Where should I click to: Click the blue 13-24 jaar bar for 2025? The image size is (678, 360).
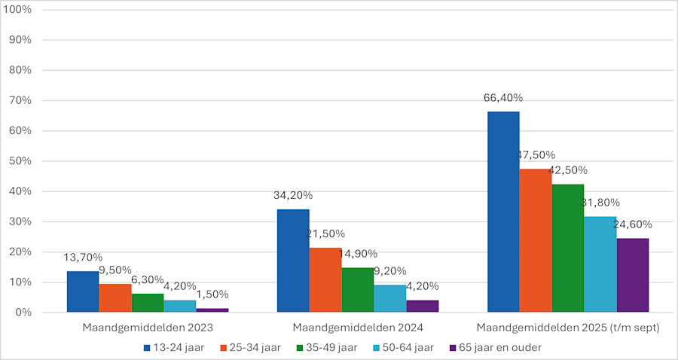tap(503, 212)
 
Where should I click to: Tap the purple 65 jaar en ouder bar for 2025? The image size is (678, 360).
tap(633, 275)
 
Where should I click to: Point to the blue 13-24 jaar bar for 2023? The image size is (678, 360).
tap(83, 291)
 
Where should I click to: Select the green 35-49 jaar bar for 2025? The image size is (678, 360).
tap(568, 248)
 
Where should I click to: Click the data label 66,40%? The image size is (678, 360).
tap(503, 98)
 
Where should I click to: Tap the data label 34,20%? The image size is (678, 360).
tap(293, 195)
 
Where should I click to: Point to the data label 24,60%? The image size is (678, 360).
tap(633, 224)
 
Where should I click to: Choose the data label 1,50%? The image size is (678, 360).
tap(212, 294)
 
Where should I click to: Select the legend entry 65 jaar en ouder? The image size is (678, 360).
tap(495, 347)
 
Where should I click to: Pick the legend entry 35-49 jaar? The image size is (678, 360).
tap(331, 347)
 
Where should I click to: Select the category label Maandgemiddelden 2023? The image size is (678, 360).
tap(148, 328)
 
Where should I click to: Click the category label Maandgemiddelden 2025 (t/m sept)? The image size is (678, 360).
tap(568, 328)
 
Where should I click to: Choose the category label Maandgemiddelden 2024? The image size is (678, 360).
tap(358, 328)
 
